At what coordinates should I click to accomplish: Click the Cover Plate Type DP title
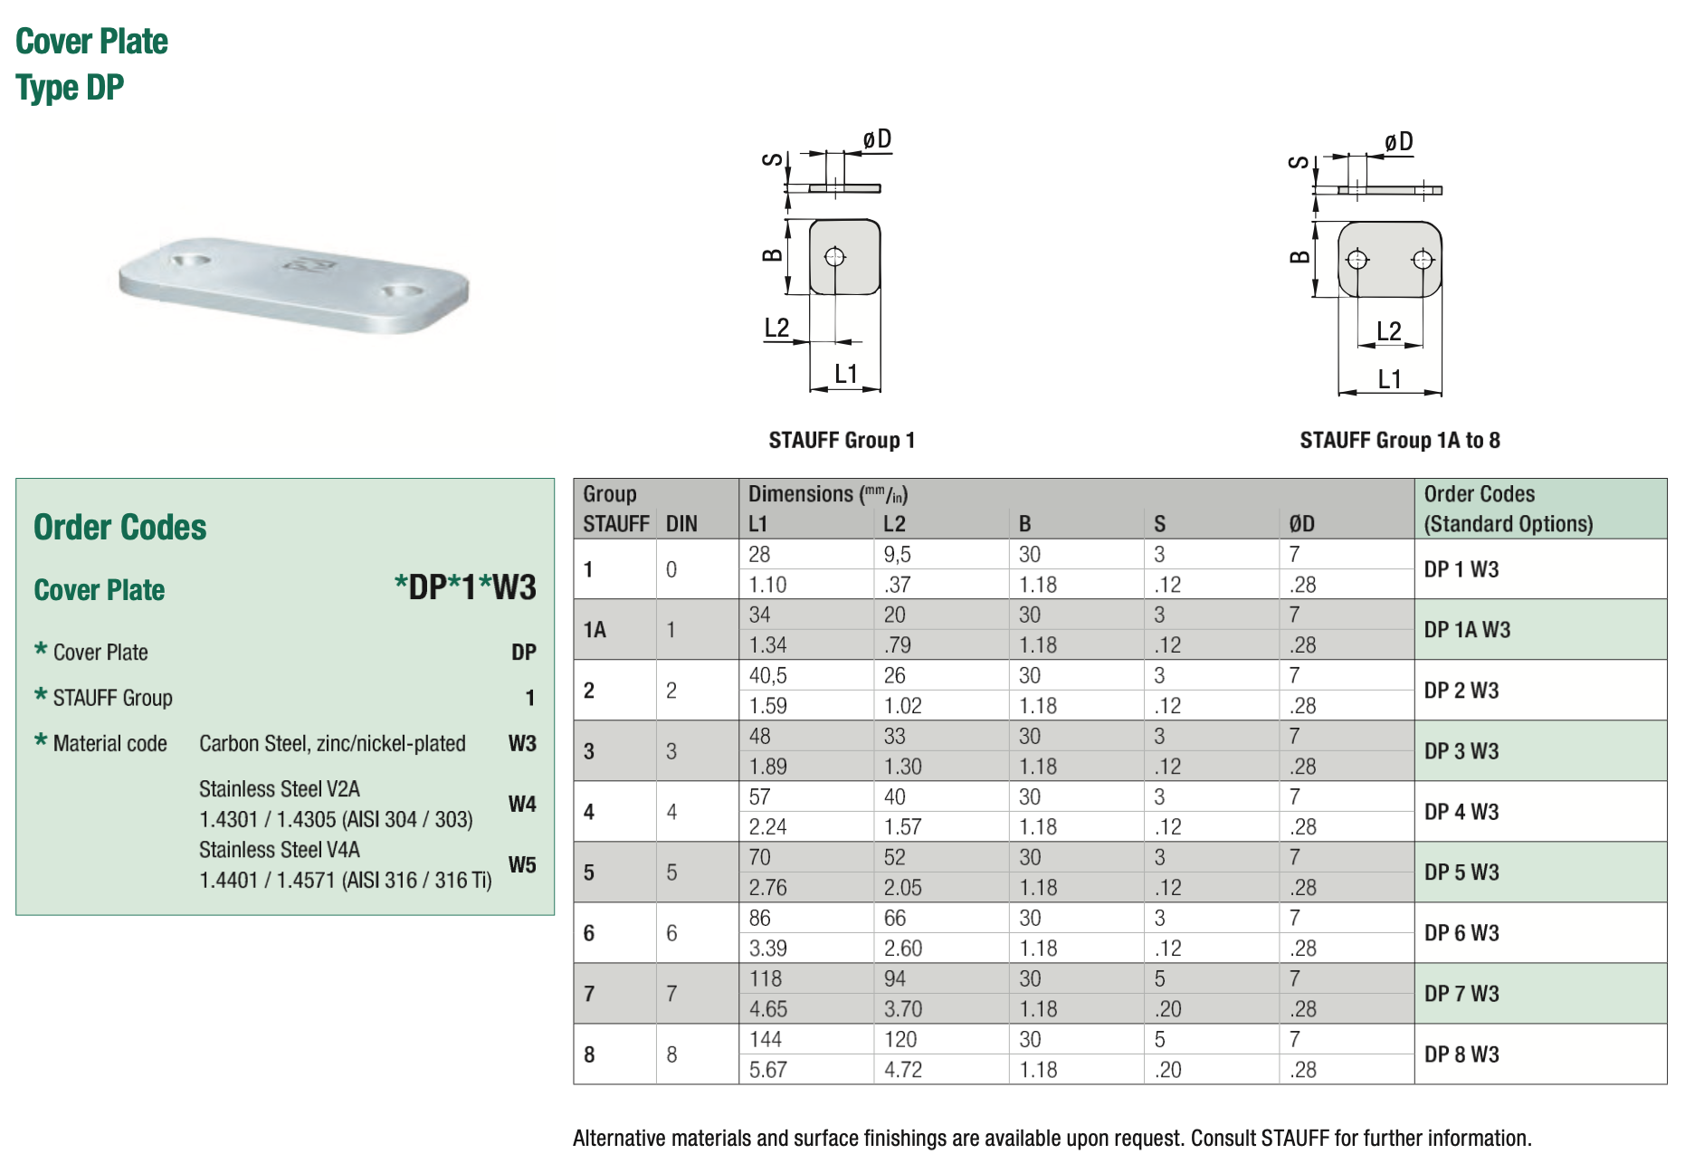(91, 64)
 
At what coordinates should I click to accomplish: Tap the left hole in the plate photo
(191, 260)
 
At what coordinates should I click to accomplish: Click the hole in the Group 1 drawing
(834, 257)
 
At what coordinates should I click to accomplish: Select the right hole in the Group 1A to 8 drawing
(1422, 261)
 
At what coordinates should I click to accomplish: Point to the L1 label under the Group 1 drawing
(845, 373)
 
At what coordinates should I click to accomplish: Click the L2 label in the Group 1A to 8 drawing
(1388, 331)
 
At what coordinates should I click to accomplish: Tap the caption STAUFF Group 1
(842, 441)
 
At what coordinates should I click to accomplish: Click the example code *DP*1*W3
(465, 587)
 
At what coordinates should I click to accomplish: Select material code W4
(522, 804)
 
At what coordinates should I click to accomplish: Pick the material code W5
(522, 864)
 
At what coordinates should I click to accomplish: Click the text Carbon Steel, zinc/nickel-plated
(332, 744)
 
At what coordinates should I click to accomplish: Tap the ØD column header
(1301, 524)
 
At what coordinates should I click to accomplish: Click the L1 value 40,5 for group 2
(767, 676)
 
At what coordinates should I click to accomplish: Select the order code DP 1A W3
(1466, 630)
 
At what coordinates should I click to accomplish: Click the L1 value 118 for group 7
(765, 979)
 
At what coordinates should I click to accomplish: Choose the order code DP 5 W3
(1461, 873)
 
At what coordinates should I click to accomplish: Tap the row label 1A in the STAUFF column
(595, 630)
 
